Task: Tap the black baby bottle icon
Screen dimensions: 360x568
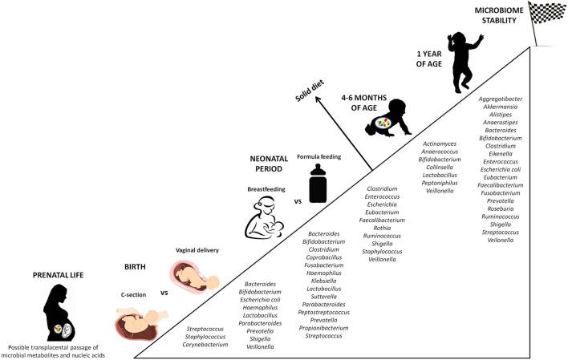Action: [318, 184]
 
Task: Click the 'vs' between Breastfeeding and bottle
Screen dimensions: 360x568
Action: [297, 201]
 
